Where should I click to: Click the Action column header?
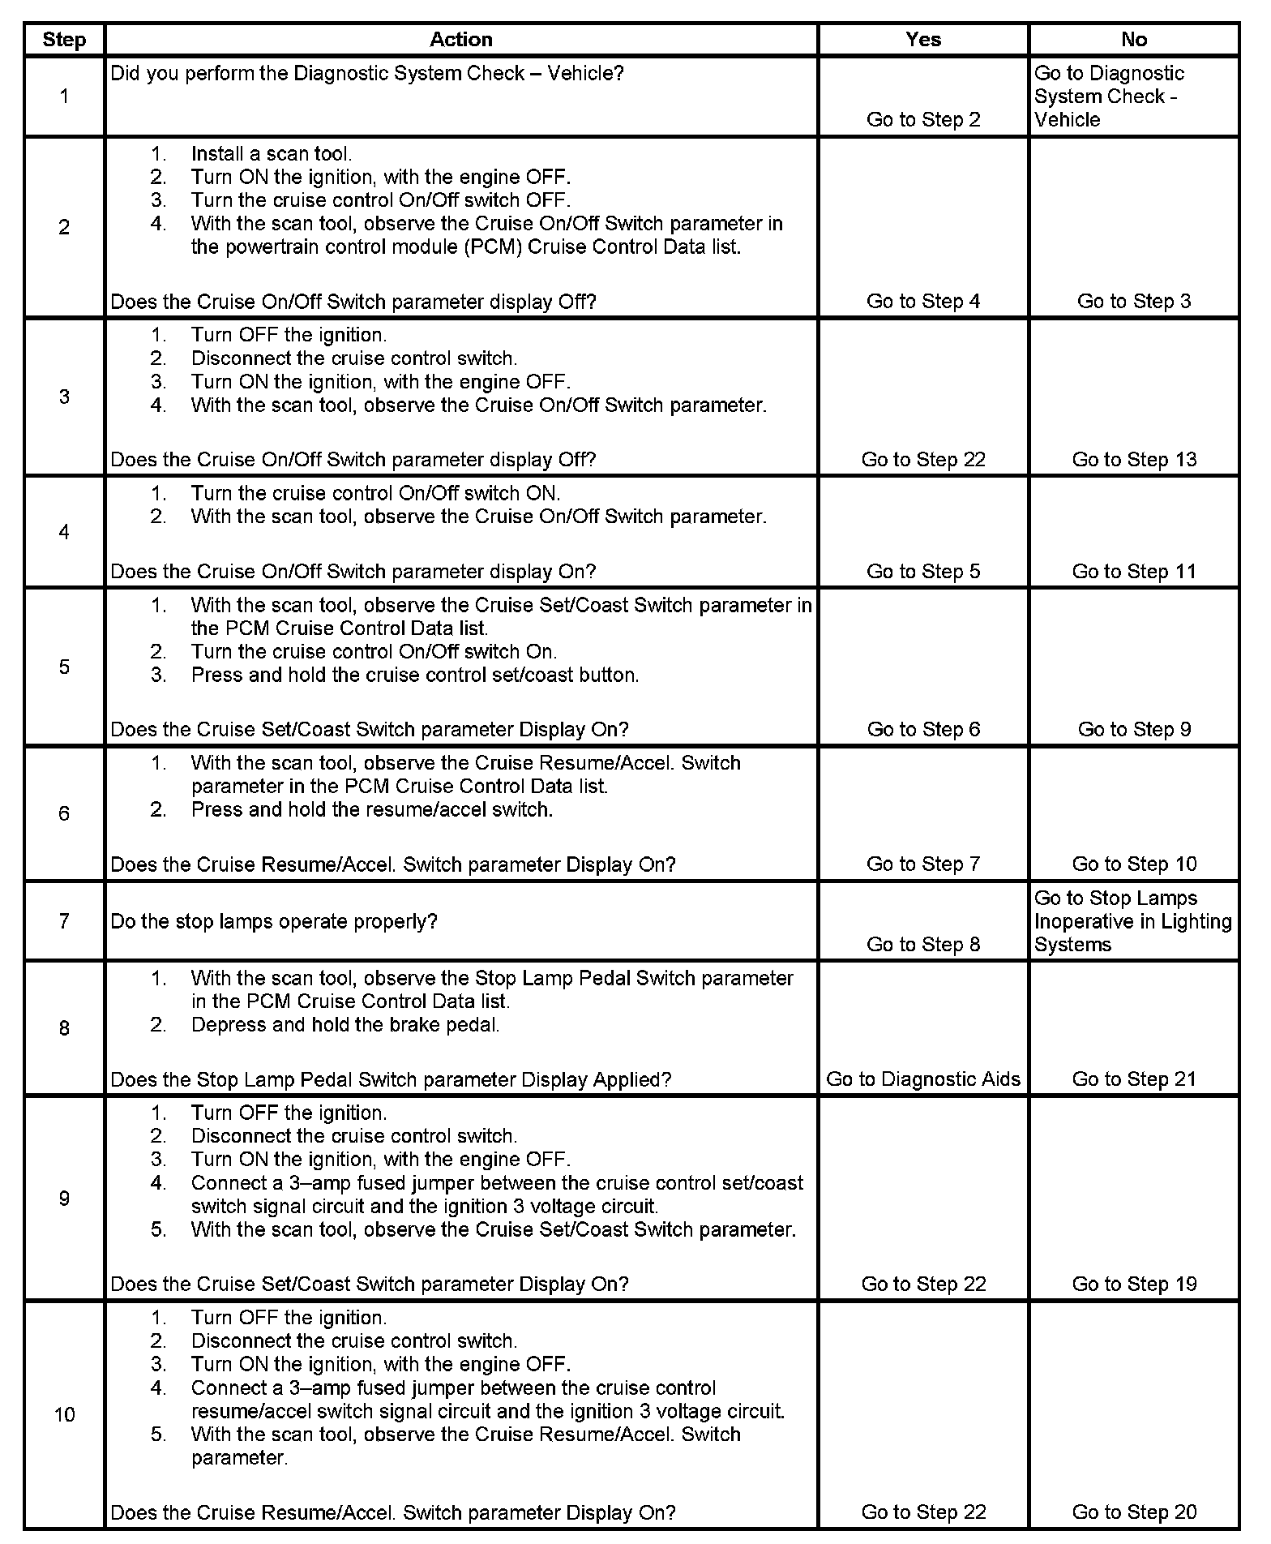(460, 40)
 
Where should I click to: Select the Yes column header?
(922, 40)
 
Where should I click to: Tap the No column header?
(1133, 40)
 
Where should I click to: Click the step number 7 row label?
(64, 921)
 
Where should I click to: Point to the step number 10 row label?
(64, 1414)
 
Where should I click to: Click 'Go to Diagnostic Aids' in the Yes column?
(922, 1079)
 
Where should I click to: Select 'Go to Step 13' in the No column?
(1133, 460)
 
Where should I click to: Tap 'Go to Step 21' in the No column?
(1133, 1079)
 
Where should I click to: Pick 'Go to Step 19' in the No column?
(1133, 1284)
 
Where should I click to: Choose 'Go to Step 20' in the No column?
(1133, 1512)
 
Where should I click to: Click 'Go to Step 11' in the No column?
(1133, 572)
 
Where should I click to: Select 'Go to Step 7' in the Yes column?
(922, 864)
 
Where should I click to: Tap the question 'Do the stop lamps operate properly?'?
(274, 922)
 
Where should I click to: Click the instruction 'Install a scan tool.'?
(271, 154)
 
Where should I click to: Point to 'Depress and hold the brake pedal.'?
(345, 1025)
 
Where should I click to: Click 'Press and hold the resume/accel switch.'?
(372, 810)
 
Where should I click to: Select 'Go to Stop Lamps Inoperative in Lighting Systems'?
(1132, 921)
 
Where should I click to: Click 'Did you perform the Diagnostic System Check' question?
(366, 74)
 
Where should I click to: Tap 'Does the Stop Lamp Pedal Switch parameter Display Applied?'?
(391, 1080)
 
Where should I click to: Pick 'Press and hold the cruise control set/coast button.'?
(415, 675)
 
